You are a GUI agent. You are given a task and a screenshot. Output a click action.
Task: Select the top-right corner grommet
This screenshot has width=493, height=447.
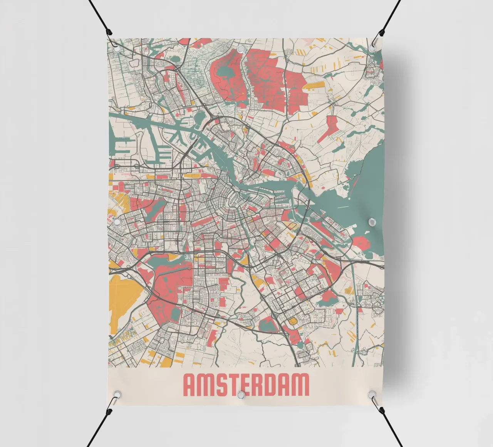coord(372,47)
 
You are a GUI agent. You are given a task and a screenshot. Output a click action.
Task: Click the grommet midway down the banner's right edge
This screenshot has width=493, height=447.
coord(372,222)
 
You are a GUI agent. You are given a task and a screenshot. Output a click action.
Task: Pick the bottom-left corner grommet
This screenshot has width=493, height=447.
coord(116,394)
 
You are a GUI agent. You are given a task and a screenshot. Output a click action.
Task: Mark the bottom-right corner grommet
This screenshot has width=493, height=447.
coord(372,394)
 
